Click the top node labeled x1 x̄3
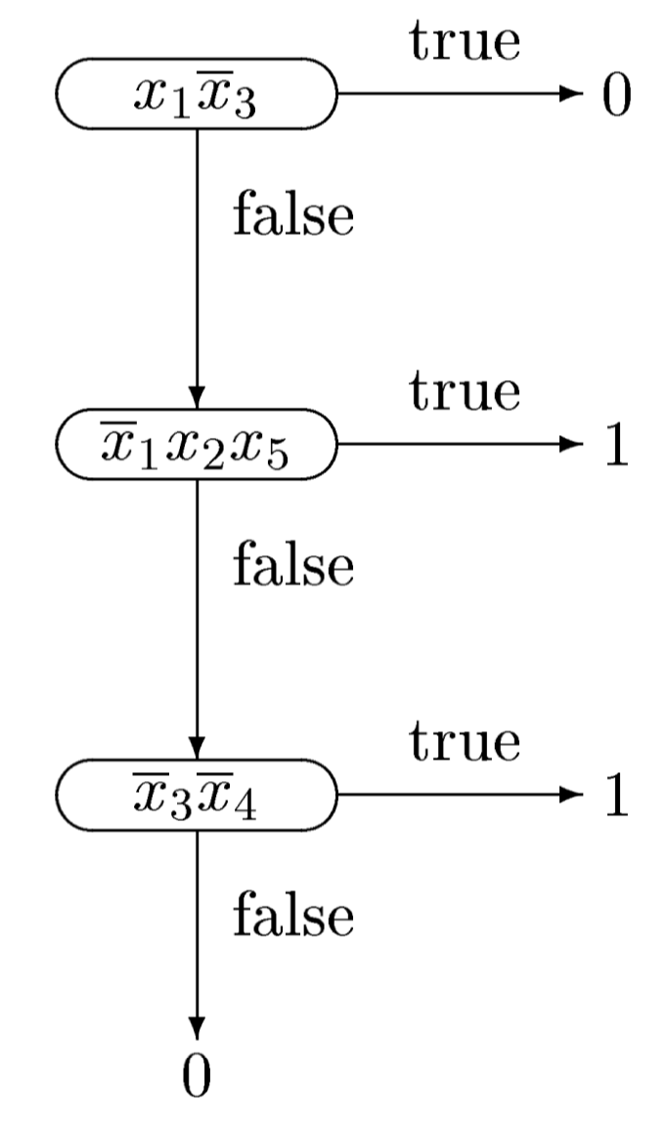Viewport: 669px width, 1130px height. pyautogui.click(x=197, y=95)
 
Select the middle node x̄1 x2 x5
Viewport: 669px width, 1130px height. pyautogui.click(x=197, y=446)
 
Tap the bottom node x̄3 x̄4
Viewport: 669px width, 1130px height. pyautogui.click(x=197, y=798)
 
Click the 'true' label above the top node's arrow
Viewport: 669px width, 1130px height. pyautogui.click(x=465, y=40)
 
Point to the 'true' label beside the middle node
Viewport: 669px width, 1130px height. pyautogui.click(x=465, y=391)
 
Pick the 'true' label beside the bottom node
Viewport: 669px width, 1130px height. pyautogui.click(x=465, y=742)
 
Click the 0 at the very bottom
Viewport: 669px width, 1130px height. pyautogui.click(x=197, y=1076)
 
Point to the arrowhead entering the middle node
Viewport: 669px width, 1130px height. pyautogui.click(x=197, y=398)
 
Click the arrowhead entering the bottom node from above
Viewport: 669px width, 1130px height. pyautogui.click(x=197, y=750)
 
